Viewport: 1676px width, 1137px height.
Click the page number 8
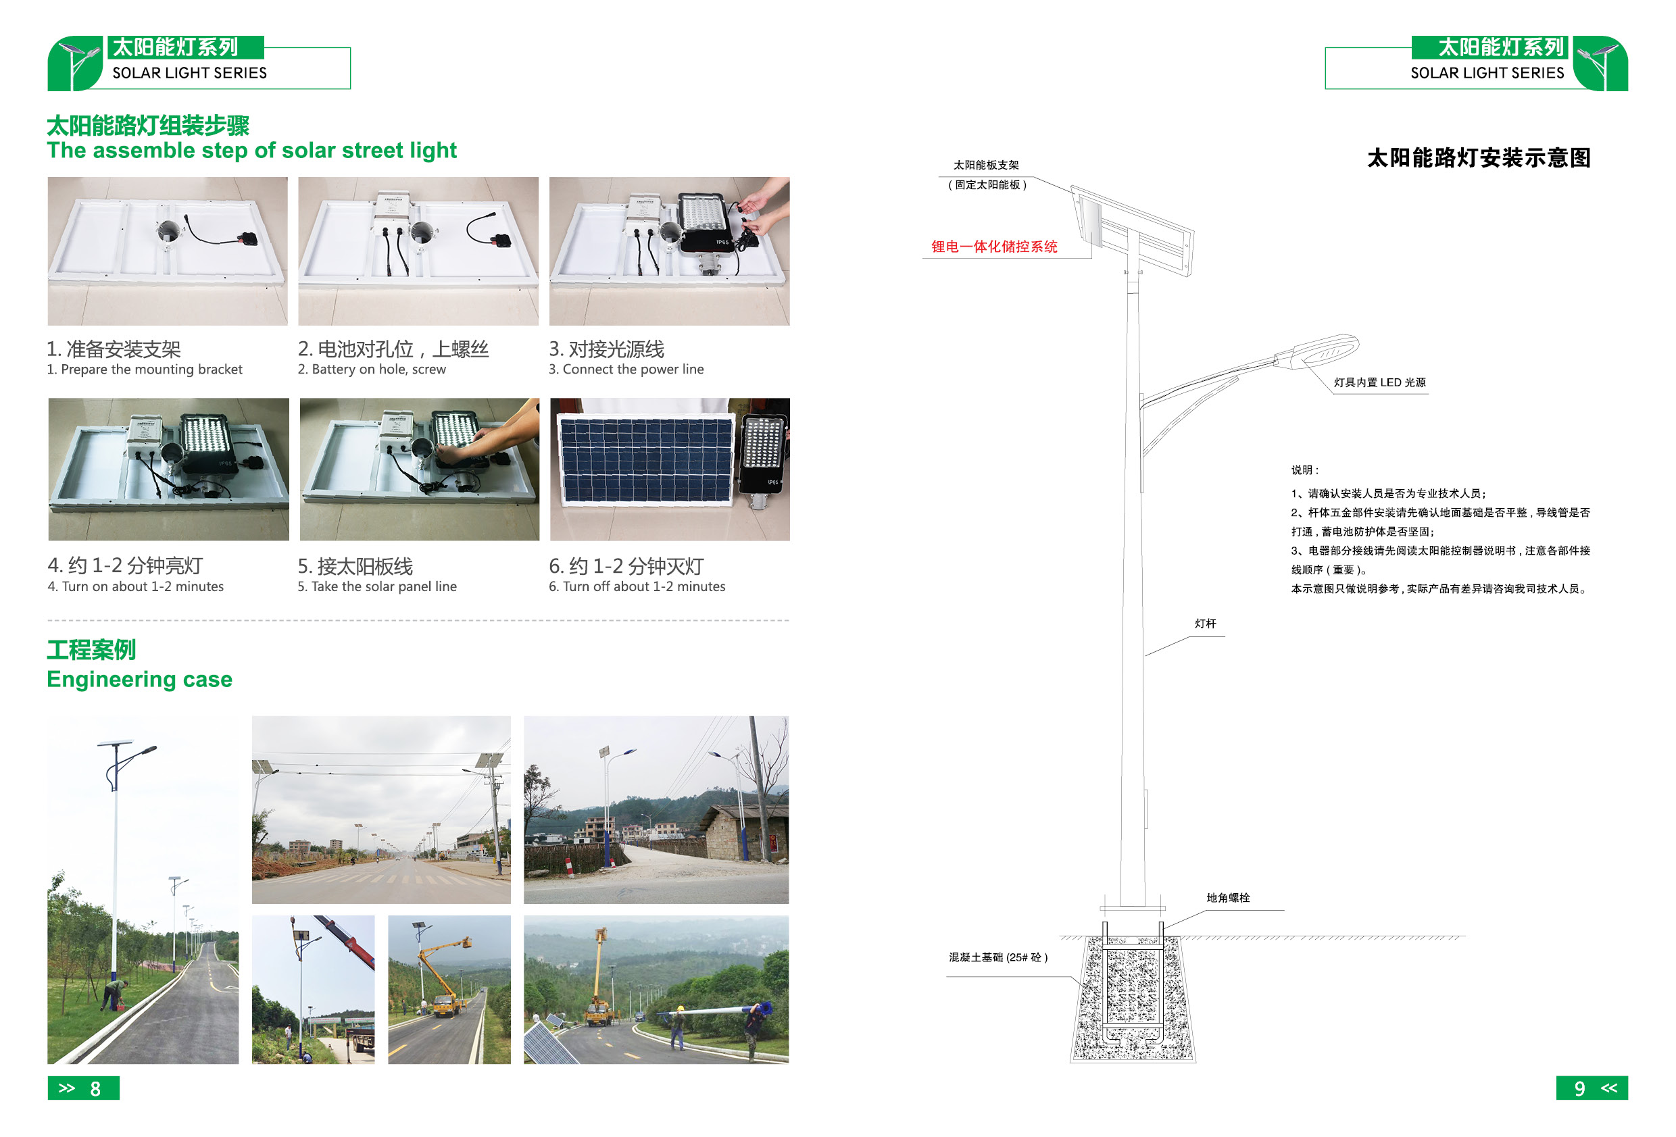[95, 1088]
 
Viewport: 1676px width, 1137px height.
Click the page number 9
[1579, 1088]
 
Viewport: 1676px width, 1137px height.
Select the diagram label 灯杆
[1205, 624]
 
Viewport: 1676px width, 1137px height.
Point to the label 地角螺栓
[1228, 898]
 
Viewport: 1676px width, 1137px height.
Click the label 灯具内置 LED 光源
[1379, 382]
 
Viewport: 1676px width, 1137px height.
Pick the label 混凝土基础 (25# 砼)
[998, 957]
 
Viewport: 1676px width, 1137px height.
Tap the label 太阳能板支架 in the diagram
[986, 165]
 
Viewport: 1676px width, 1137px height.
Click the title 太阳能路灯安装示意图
[1479, 158]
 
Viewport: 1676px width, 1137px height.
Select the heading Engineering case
[139, 679]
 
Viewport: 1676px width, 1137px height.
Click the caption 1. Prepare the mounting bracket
[144, 369]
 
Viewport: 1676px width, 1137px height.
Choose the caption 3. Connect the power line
[626, 369]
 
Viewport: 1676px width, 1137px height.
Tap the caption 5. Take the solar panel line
[377, 586]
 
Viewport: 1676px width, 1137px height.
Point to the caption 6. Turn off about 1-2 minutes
[637, 586]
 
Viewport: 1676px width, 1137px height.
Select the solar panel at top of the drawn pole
[1132, 229]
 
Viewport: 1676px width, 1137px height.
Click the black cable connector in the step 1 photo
[248, 238]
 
